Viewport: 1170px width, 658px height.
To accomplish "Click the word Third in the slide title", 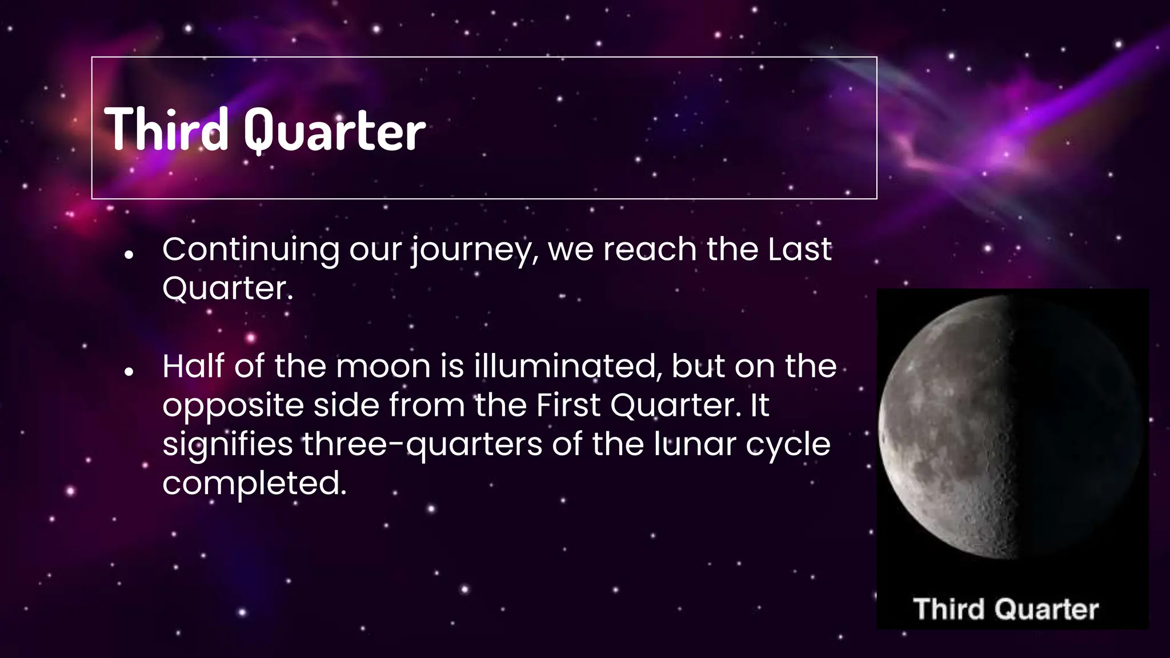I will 166,130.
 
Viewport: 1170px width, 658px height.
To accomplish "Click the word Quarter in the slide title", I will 334,131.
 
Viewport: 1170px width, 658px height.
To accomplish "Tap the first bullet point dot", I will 129,255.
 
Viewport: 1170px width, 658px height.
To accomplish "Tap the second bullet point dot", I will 129,372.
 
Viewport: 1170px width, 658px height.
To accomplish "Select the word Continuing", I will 251,250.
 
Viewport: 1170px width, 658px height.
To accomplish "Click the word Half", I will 193,366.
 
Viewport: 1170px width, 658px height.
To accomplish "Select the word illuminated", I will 568,366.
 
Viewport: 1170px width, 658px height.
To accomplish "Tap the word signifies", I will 227,445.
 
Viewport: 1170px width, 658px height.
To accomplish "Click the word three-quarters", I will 422,445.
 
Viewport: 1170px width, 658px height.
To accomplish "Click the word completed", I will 254,484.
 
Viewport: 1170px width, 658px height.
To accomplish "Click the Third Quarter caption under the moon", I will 1005,609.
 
